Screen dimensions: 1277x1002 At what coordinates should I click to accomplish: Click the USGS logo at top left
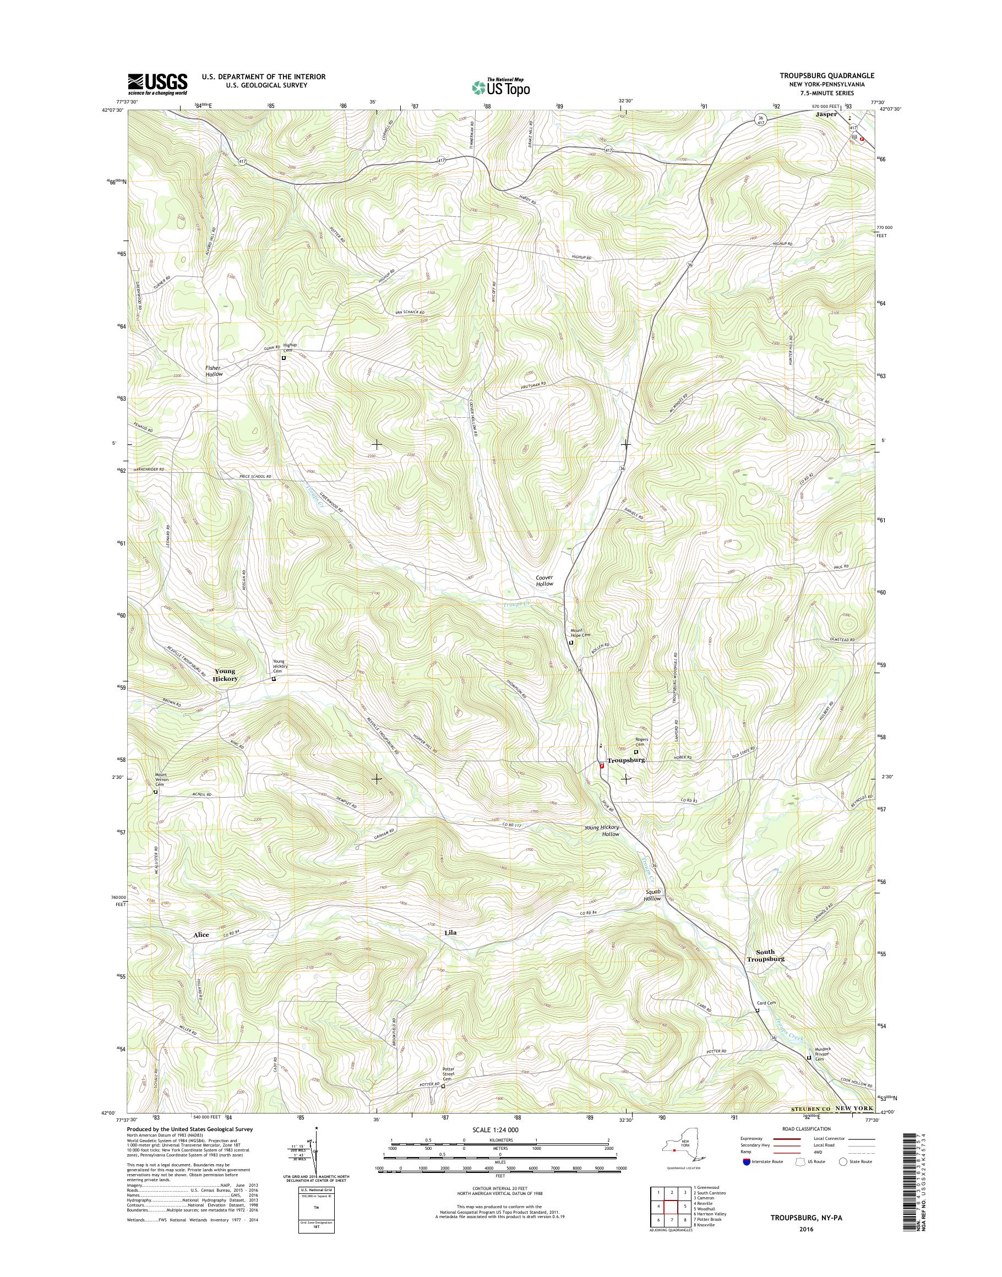(158, 84)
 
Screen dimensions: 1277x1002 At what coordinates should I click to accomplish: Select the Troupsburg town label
(626, 760)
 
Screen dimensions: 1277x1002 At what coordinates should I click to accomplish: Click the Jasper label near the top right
(826, 114)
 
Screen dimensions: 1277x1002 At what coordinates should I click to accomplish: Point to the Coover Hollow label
(544, 581)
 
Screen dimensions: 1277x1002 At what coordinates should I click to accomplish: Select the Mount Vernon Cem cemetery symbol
(155, 792)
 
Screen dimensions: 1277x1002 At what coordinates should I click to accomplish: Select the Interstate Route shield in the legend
(746, 1161)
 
